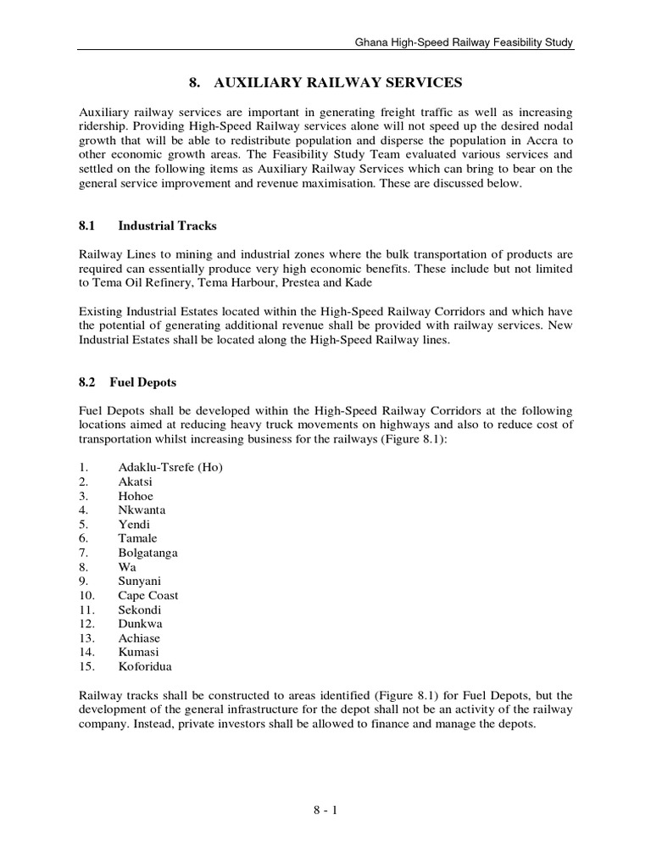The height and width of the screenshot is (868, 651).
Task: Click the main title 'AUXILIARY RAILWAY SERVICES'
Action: pyautogui.click(x=325, y=82)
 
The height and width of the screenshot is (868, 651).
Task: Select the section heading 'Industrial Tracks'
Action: pyautogui.click(x=167, y=225)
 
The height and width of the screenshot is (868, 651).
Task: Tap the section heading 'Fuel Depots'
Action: pyautogui.click(x=147, y=382)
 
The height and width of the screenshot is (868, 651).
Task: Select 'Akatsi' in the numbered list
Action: pyautogui.click(x=136, y=481)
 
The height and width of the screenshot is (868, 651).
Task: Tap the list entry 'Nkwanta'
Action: pyautogui.click(x=142, y=510)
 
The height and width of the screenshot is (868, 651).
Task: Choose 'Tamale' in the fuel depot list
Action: pyautogui.click(x=137, y=538)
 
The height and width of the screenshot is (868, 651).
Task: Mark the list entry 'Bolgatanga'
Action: pyautogui.click(x=147, y=553)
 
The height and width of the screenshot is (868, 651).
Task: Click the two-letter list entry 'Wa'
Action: pyautogui.click(x=127, y=567)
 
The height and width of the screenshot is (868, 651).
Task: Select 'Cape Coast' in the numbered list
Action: pyautogui.click(x=148, y=595)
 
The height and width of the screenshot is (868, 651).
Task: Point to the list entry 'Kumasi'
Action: pyautogui.click(x=138, y=652)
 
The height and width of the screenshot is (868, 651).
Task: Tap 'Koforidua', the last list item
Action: pyautogui.click(x=144, y=666)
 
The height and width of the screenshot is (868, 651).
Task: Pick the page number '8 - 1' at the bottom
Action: pyautogui.click(x=325, y=811)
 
